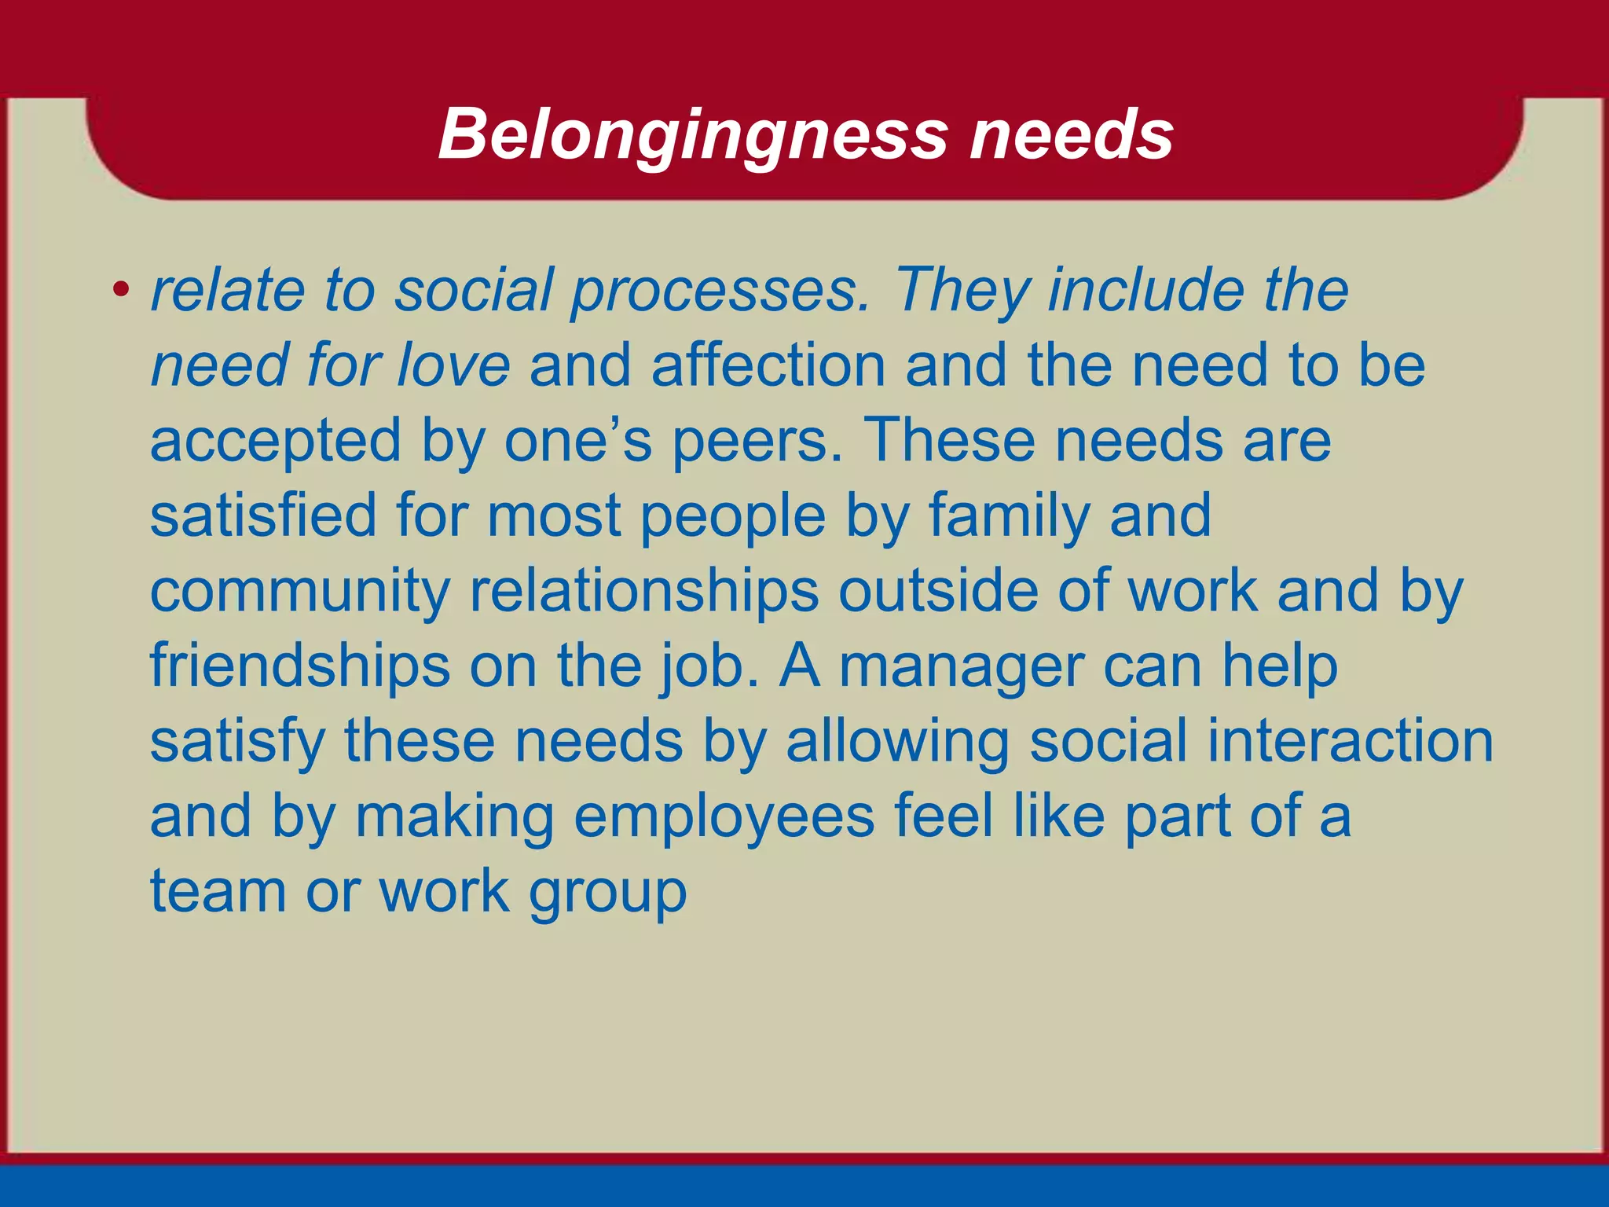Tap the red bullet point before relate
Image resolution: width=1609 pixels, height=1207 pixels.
point(120,290)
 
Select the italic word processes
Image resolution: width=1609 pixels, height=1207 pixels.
point(720,292)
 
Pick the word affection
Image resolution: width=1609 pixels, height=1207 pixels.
point(768,365)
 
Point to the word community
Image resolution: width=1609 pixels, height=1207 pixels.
point(300,592)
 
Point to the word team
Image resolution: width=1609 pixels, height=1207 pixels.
point(218,892)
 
